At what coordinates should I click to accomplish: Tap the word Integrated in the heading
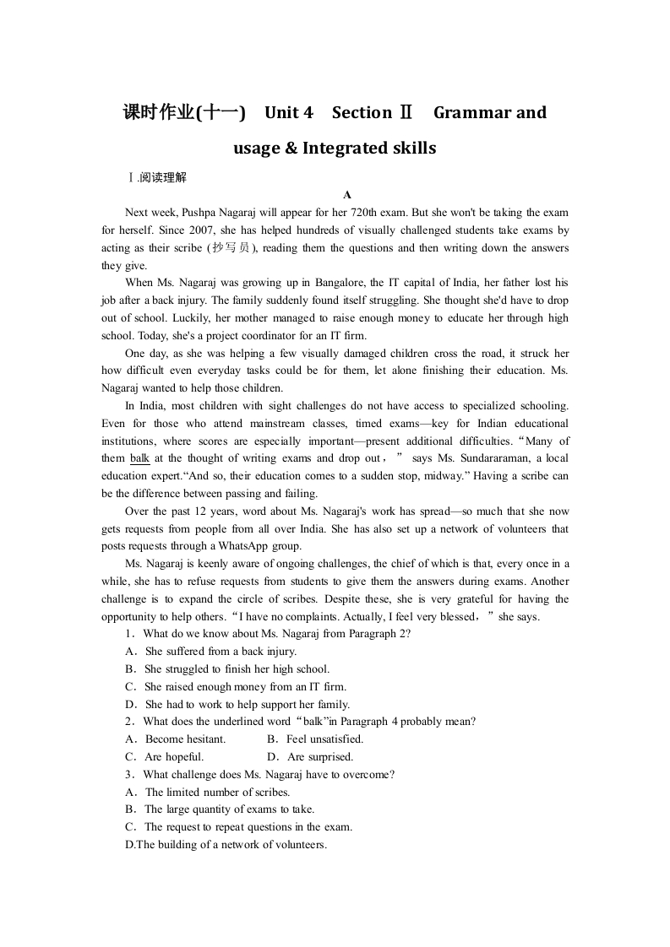[344, 149]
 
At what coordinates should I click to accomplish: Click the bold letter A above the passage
[347, 195]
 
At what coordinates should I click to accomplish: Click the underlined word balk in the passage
[140, 458]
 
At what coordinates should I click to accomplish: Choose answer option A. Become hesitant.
[176, 739]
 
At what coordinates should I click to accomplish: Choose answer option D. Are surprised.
[310, 757]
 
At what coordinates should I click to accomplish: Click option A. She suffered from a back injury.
[210, 652]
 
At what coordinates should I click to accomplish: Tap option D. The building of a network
[226, 845]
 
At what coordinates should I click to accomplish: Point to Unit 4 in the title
[289, 112]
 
